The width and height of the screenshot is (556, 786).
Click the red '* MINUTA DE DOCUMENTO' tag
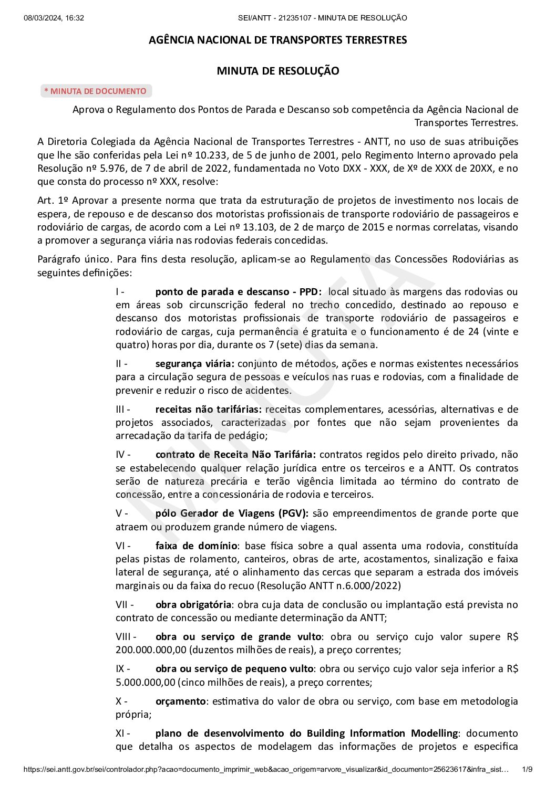point(96,91)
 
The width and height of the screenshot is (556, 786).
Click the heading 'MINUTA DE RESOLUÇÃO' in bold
point(278,71)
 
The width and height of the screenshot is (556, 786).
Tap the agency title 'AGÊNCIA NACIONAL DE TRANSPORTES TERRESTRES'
point(278,40)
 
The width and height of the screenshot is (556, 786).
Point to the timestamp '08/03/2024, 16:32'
point(54,18)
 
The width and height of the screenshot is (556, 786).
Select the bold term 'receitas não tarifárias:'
point(209,409)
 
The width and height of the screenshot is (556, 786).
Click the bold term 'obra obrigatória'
point(193,604)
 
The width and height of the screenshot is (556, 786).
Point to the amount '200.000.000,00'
point(151,650)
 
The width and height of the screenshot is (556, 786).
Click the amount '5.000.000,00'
point(145,683)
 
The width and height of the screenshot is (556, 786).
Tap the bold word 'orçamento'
point(180,701)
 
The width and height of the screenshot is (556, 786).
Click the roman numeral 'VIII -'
point(126,636)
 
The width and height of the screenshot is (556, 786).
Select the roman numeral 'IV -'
point(123,454)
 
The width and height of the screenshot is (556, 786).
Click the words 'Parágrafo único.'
point(75,259)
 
